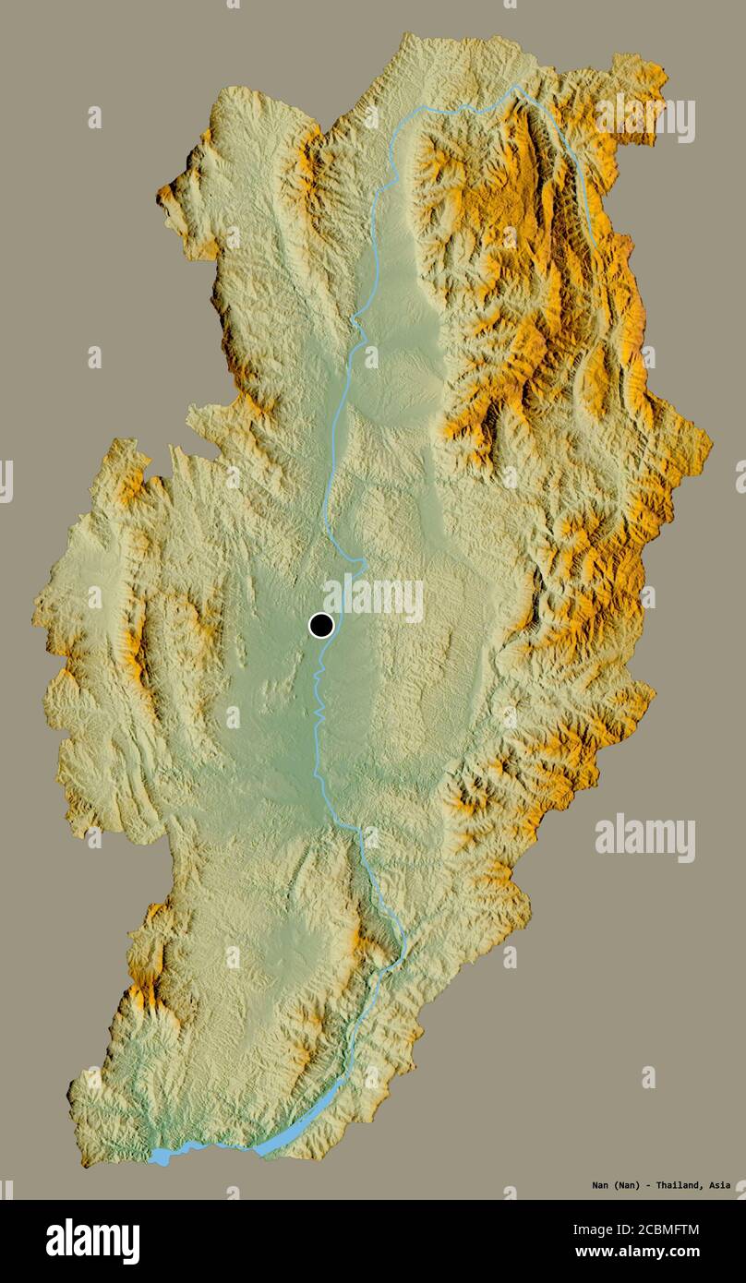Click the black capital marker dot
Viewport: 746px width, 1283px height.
point(320,625)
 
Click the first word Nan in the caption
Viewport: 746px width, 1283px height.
point(600,1185)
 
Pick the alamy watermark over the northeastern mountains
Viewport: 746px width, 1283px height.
point(644,117)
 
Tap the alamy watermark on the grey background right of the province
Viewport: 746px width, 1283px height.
point(644,837)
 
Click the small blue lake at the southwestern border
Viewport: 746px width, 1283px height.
point(160,1157)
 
